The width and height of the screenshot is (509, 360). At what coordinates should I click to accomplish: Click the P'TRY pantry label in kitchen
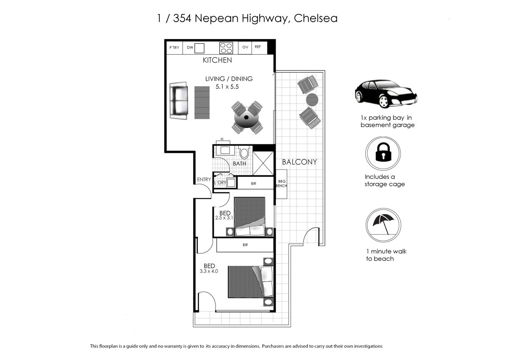tap(174, 48)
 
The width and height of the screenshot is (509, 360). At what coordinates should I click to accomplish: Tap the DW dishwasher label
tap(190, 48)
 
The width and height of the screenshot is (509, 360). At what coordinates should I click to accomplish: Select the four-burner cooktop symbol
tap(226, 48)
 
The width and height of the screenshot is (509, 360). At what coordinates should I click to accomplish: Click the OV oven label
tap(245, 48)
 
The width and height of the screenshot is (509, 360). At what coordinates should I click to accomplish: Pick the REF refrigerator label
tap(257, 47)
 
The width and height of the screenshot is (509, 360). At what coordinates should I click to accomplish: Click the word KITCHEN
tap(217, 60)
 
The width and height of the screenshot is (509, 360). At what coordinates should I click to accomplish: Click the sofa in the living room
tap(179, 101)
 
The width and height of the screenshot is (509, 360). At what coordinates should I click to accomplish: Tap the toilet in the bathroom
tap(244, 152)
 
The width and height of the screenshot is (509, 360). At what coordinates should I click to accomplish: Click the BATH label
tap(239, 163)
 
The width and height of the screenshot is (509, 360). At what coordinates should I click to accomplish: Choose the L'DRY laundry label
tap(220, 183)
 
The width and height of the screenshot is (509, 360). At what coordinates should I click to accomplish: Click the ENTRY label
tap(204, 180)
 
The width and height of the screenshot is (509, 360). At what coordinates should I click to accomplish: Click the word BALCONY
tap(299, 162)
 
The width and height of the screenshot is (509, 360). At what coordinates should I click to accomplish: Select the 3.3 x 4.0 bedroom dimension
tap(209, 271)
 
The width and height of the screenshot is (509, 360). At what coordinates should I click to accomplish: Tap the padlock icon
tap(383, 154)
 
